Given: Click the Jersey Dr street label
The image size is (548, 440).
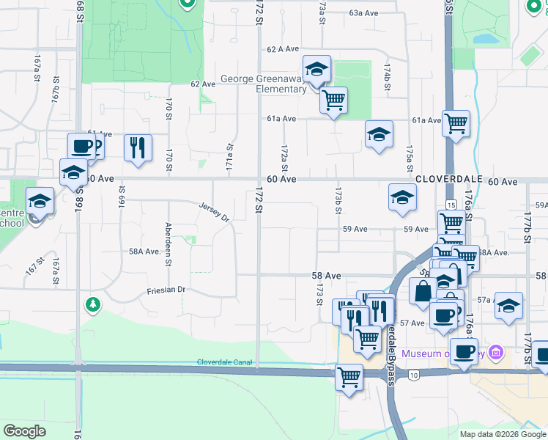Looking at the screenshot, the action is tap(214, 212).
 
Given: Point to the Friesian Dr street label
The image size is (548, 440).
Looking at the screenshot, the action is tap(166, 290).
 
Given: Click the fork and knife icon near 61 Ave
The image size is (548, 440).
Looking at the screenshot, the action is tap(137, 147).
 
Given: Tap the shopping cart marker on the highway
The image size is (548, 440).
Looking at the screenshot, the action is tap(349, 377).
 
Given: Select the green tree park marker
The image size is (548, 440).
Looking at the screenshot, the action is tap(92, 304).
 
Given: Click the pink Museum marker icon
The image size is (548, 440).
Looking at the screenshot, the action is tap(497, 353).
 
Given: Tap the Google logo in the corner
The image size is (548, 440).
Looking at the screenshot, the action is tap(24, 430).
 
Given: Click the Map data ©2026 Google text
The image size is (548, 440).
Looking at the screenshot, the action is tap(503, 434).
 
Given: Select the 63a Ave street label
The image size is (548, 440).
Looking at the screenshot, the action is tap(363, 13).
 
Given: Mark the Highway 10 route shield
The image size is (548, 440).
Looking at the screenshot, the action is tap(414, 375).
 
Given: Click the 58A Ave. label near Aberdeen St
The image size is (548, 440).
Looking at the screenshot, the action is tap(144, 252).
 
